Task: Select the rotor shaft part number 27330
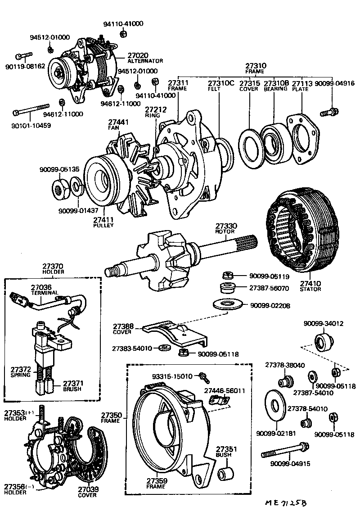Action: [x=226, y=226]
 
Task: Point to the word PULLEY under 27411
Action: [x=103, y=225]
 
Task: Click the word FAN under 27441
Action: [x=113, y=128]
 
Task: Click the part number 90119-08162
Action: [x=25, y=66]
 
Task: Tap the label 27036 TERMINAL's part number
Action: [x=41, y=287]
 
